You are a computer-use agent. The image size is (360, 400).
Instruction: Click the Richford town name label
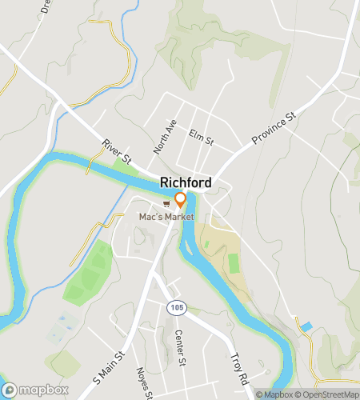186,182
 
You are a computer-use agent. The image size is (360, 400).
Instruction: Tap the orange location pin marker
181,201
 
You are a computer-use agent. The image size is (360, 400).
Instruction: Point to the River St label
116,151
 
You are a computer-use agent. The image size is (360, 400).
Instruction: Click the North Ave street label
164,138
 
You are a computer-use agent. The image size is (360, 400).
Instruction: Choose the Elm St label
202,138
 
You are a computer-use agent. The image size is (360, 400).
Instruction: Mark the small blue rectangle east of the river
305,327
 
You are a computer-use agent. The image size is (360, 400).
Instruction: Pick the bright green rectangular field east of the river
234,263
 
